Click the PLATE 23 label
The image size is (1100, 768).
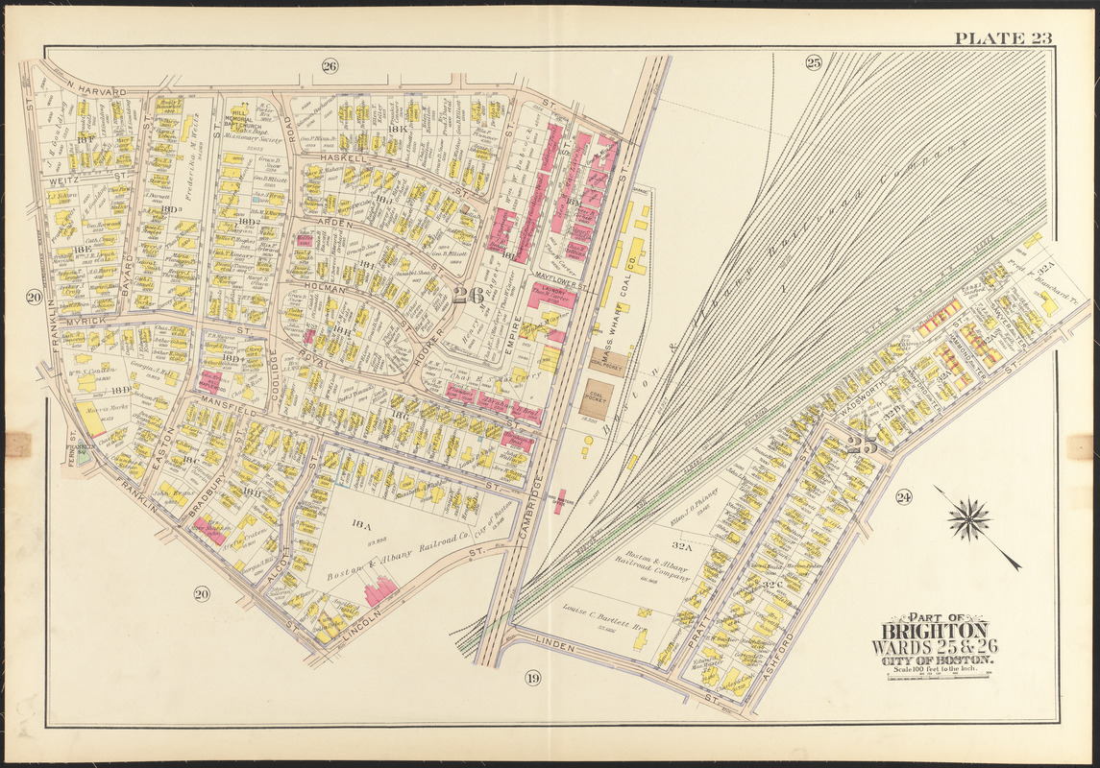1003,38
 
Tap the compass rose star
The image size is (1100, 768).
969,519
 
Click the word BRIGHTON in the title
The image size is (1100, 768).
931,631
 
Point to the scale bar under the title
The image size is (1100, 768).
938,676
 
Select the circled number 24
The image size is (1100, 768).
903,496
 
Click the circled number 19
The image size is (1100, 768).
533,680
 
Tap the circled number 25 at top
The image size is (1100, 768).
813,63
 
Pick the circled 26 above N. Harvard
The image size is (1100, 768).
330,66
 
